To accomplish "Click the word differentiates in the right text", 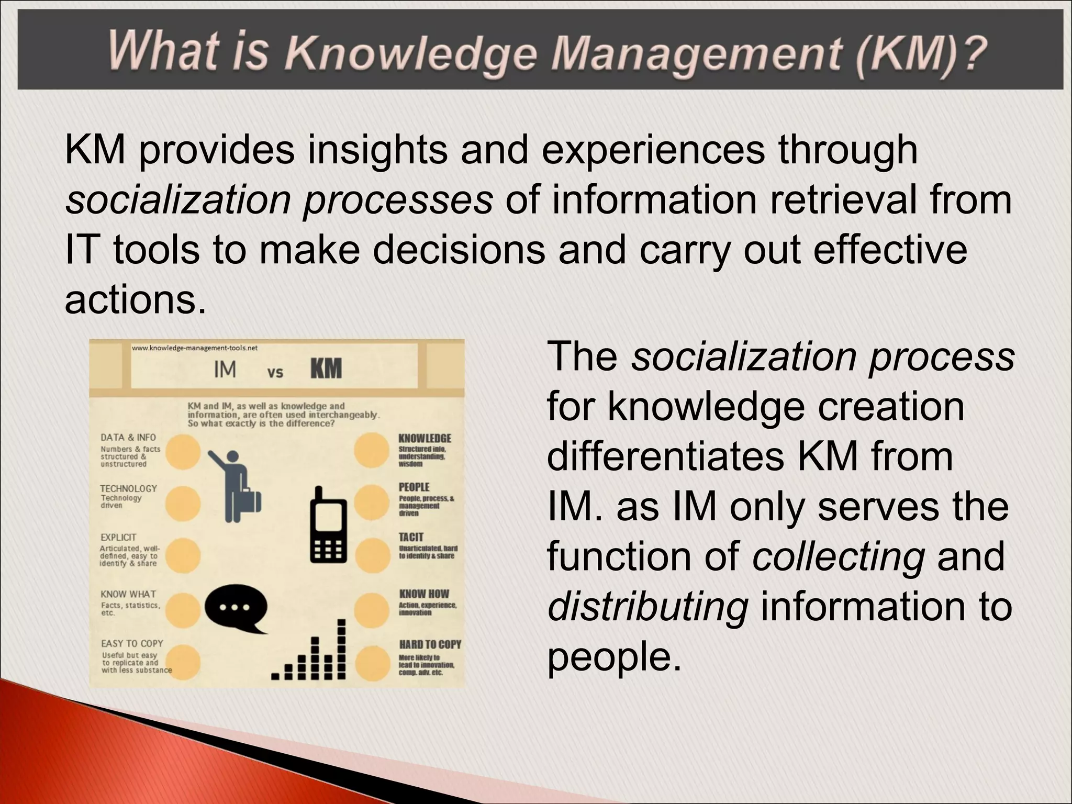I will point(665,456).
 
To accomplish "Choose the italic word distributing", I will point(647,606).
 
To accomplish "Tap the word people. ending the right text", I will point(615,656).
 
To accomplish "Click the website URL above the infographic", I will point(194,348).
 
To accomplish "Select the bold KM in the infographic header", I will point(326,369).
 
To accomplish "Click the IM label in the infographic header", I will point(225,370).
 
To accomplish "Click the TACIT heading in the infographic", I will point(411,537).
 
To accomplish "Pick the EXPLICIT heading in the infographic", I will point(118,538).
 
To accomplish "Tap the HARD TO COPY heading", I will point(430,644).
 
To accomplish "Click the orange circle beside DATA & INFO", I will point(183,451).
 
